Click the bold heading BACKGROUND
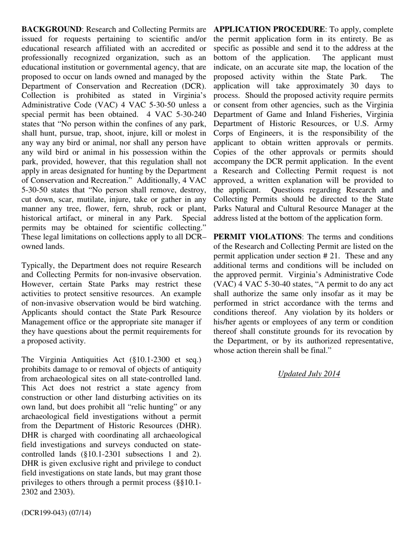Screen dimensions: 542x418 tap(51, 30)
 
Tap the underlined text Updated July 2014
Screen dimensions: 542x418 tap(309, 374)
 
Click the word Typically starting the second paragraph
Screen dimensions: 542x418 tap(37, 265)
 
